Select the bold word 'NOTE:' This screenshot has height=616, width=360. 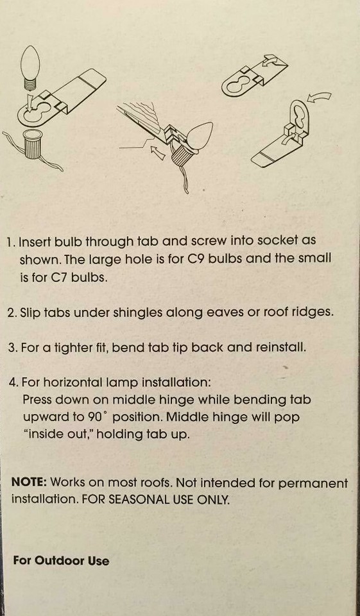pos(29,483)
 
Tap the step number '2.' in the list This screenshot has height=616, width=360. pos(12,313)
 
